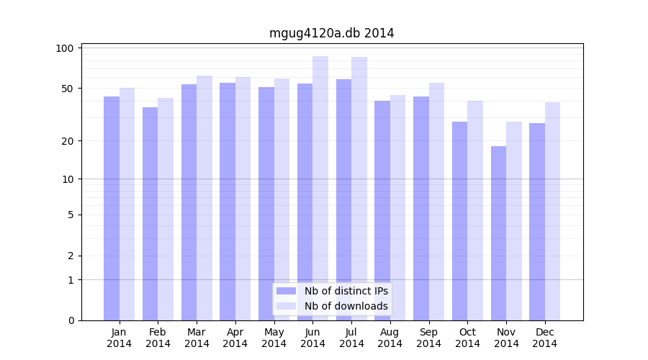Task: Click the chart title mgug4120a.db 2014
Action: tap(331, 33)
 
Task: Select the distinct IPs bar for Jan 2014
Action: tap(112, 209)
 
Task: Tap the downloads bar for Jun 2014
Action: tap(320, 187)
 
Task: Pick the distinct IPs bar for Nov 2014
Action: tap(499, 234)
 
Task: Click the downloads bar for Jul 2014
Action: tap(359, 187)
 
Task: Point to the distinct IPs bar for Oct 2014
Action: tap(460, 221)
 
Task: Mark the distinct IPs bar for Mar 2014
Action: tap(189, 202)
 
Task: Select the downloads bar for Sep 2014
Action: tap(436, 202)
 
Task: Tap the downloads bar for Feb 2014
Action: tap(166, 209)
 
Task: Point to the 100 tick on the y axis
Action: tap(66, 48)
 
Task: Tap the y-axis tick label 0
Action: tap(71, 320)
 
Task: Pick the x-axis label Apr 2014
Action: tap(235, 338)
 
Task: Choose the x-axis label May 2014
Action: tap(274, 338)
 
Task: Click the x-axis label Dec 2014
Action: tap(545, 338)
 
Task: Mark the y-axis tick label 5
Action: tap(71, 215)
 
